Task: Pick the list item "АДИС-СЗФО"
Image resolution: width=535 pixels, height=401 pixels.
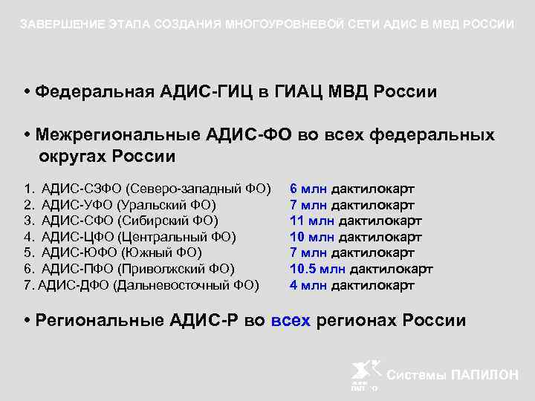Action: coord(82,189)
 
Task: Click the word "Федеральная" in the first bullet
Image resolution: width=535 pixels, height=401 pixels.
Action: coord(97,91)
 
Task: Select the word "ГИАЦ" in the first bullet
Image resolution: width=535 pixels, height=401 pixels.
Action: coord(305,91)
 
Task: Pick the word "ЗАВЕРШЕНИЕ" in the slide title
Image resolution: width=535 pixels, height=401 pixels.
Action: coord(54,25)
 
